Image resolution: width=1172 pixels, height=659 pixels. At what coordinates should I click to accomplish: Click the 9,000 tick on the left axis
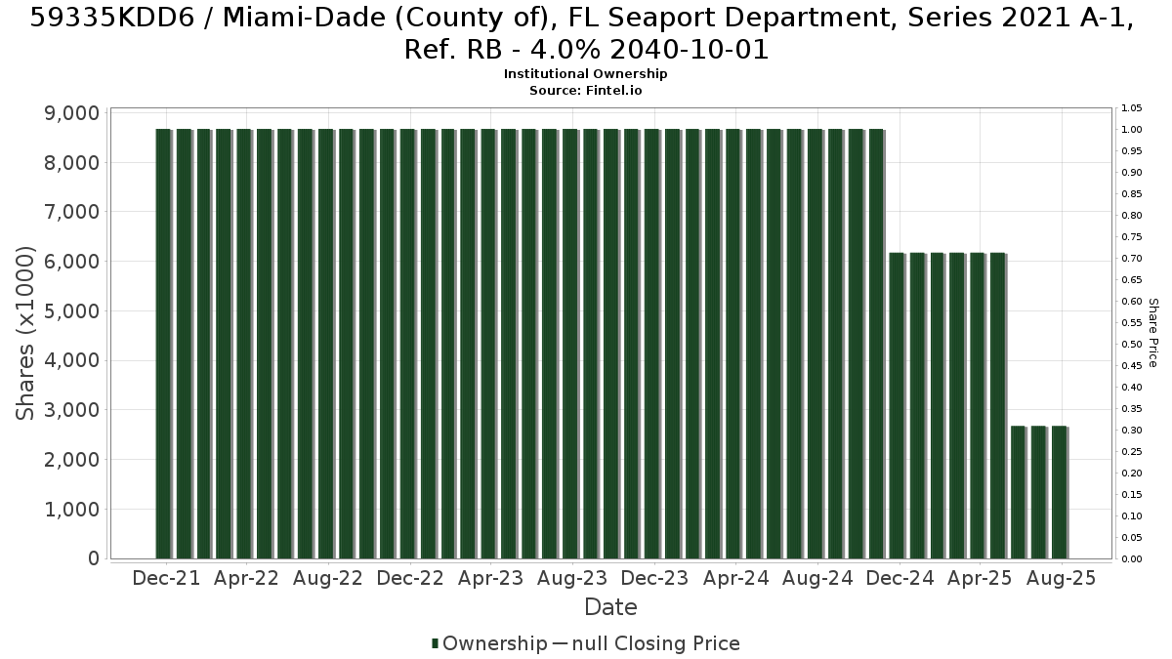tap(71, 113)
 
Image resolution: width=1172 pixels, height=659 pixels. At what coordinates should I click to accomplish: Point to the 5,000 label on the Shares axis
tap(71, 311)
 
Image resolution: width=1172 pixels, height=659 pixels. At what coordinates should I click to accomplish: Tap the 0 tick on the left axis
tap(94, 558)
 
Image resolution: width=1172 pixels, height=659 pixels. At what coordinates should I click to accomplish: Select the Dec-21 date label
tap(166, 578)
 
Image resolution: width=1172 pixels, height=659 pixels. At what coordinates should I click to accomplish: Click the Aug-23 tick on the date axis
tap(572, 578)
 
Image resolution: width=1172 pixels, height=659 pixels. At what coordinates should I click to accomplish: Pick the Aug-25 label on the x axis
tap(1061, 578)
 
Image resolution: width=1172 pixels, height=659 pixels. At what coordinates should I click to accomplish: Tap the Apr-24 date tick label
tap(735, 578)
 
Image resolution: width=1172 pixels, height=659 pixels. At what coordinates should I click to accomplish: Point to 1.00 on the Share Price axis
tap(1132, 130)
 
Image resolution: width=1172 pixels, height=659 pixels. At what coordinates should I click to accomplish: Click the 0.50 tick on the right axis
tap(1132, 344)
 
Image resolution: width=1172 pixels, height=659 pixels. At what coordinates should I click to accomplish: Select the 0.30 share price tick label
tap(1132, 431)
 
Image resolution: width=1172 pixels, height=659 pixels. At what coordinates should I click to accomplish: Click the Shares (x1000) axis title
tap(24, 333)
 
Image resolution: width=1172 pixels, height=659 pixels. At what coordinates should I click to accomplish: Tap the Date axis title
tap(610, 607)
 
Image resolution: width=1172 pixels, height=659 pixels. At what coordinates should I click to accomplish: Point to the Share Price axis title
tap(1153, 333)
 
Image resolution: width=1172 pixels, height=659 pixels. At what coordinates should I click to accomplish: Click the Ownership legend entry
tap(489, 643)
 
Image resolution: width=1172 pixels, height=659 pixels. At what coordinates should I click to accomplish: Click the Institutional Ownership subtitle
tap(585, 74)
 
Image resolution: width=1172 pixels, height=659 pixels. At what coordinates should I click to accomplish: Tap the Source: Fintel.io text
tap(585, 91)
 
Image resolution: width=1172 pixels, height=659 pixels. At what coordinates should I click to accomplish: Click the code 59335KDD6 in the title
tap(112, 19)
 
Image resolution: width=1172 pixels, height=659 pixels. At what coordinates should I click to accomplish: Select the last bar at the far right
tap(1060, 492)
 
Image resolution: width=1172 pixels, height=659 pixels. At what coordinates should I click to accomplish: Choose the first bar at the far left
tap(163, 344)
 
